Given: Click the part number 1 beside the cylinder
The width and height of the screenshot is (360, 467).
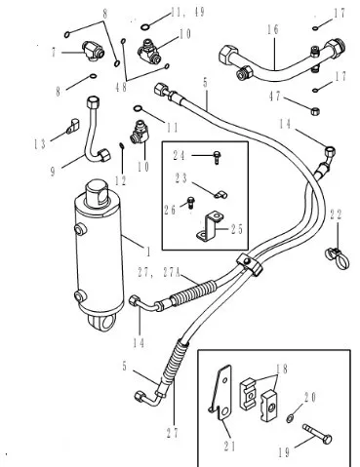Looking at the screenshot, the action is (148, 252).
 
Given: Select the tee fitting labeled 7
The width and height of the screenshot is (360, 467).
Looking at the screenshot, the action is (94, 52).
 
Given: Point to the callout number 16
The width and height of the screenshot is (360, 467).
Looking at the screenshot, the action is (273, 29).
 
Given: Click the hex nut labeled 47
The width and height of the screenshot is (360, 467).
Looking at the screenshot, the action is (314, 111).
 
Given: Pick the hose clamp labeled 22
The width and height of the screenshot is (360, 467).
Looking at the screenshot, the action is (338, 257).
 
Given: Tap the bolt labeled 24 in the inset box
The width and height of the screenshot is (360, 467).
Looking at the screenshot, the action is (217, 158).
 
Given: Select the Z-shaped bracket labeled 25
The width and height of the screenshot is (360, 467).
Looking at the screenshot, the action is (209, 226).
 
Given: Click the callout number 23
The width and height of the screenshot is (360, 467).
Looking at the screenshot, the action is (181, 178).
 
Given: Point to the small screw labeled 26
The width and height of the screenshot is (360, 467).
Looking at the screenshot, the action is (190, 203).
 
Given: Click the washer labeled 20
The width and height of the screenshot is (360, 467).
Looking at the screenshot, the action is (290, 418).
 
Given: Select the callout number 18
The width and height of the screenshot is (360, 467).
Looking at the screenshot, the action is (282, 369).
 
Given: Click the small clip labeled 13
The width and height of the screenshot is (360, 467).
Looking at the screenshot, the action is (73, 127).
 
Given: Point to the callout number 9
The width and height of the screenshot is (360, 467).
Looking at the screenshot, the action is (53, 171).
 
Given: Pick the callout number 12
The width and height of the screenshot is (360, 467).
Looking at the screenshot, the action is (121, 181).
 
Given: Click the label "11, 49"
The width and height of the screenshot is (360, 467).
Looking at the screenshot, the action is (188, 13).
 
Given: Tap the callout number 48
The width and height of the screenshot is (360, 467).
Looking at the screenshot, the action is (121, 87).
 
